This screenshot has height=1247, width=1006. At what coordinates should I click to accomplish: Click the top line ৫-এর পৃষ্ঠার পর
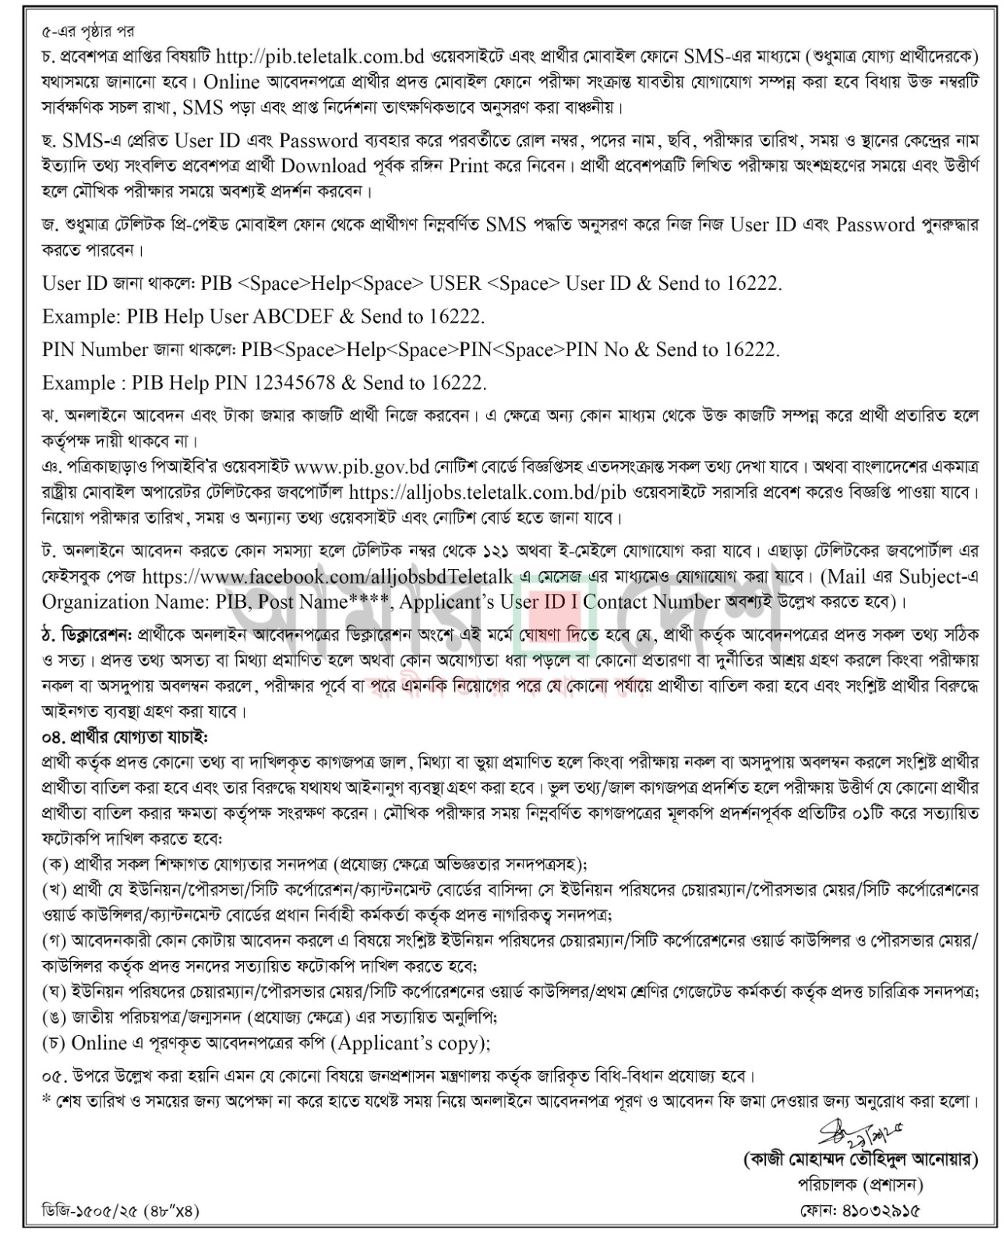87,32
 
